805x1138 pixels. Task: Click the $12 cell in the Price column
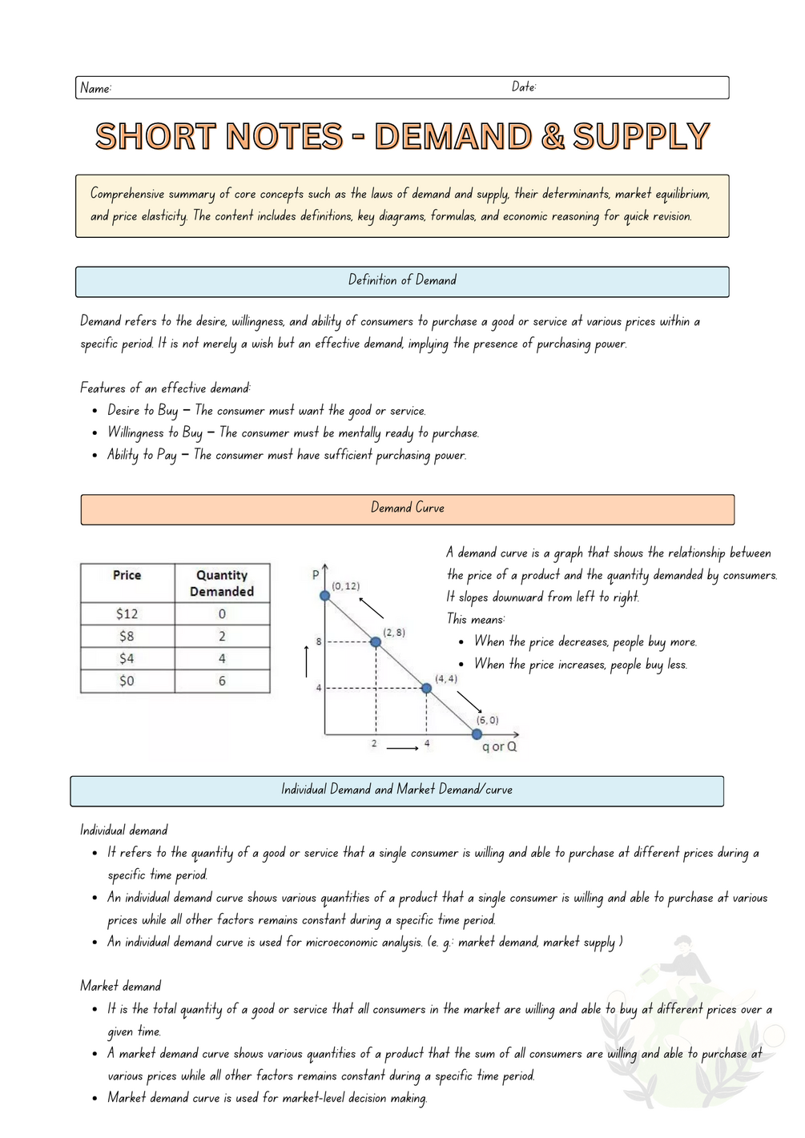coord(127,613)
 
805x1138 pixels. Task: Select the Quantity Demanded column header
coord(222,583)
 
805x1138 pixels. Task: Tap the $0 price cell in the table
coord(127,681)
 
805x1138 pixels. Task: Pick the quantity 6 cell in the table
coord(222,681)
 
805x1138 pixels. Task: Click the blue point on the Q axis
coord(477,734)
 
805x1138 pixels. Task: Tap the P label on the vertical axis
coord(316,574)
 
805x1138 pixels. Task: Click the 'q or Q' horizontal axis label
coord(499,746)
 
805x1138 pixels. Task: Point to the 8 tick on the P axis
coord(319,641)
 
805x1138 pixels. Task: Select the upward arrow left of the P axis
coord(307,661)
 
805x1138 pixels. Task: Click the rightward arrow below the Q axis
coord(402,748)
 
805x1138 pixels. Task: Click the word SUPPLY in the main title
coord(641,136)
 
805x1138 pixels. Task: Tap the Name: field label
coord(95,88)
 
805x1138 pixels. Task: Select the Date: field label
coord(524,86)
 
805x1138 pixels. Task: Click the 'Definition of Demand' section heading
coord(402,280)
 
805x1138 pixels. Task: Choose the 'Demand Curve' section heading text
coord(407,508)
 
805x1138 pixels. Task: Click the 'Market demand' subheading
coord(120,986)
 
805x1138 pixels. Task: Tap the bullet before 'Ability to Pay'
coord(95,456)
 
